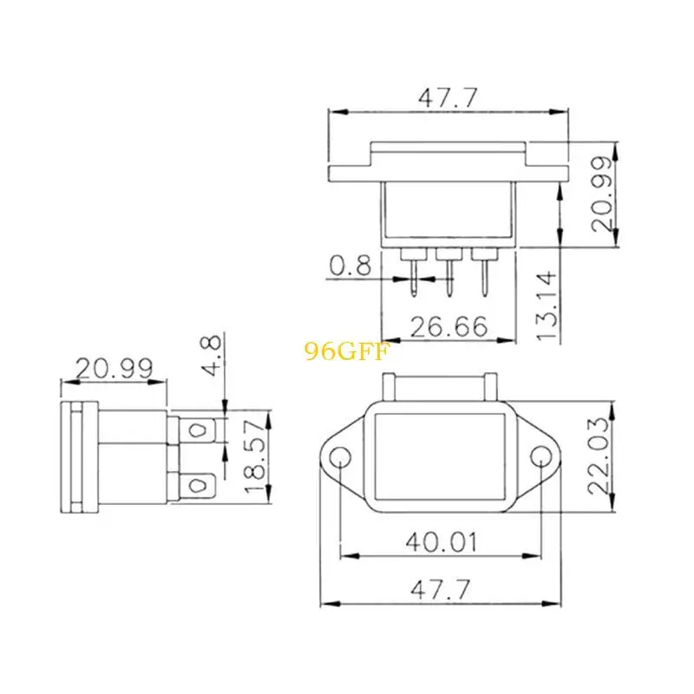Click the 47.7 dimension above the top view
[448, 98]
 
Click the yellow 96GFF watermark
[348, 351]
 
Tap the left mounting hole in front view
[340, 456]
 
